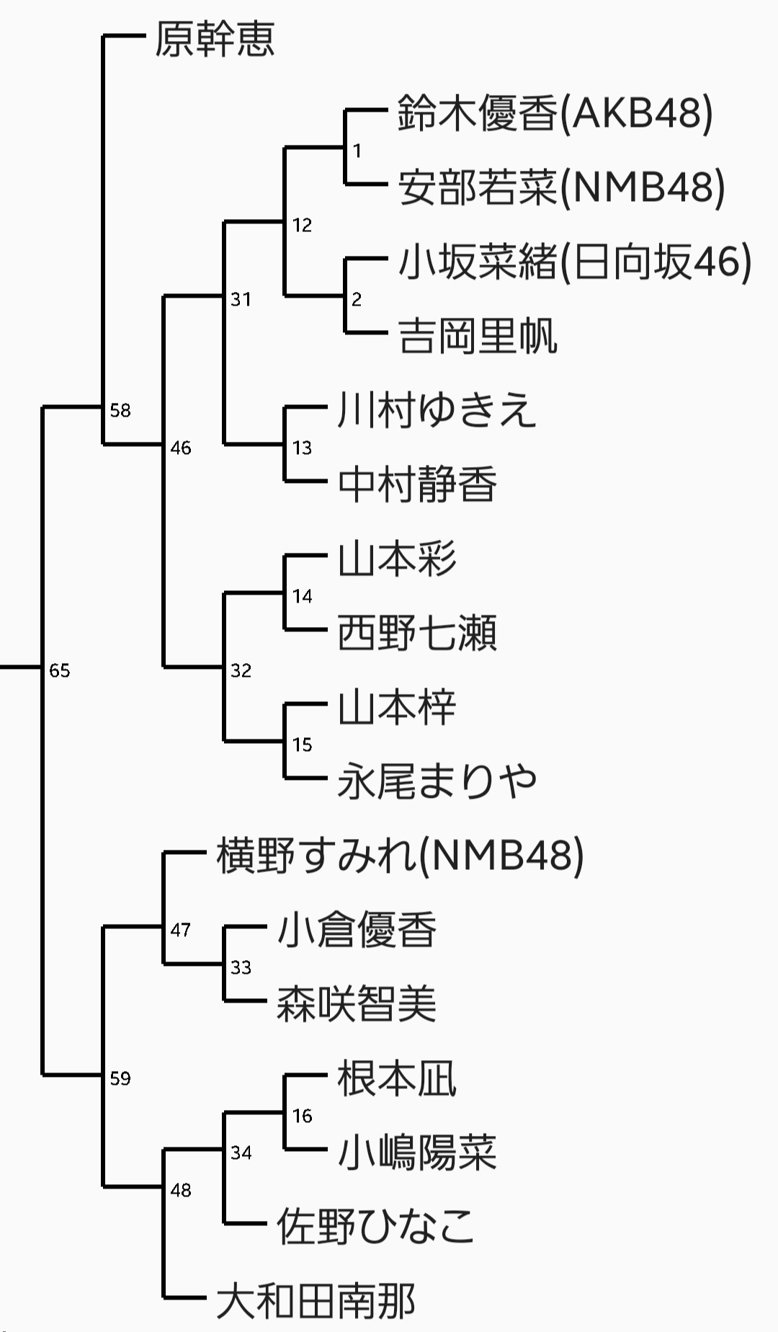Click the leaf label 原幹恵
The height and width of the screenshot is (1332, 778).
click(215, 39)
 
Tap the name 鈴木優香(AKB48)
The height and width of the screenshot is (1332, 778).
click(555, 113)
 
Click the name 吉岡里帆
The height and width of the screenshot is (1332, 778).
click(478, 336)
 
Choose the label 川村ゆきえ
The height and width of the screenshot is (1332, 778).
click(437, 410)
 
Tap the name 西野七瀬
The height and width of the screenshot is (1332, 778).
click(417, 633)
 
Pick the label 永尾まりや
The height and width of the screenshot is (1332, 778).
click(437, 781)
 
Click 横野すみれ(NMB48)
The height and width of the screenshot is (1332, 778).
click(400, 856)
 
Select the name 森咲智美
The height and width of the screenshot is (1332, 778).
click(357, 1004)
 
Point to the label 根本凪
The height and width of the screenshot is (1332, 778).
click(397, 1079)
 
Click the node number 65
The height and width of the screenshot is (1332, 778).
click(60, 671)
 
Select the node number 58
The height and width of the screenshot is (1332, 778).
click(120, 411)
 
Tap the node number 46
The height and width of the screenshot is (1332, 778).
click(181, 448)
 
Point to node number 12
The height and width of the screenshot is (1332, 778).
click(302, 226)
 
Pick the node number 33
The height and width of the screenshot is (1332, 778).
click(241, 967)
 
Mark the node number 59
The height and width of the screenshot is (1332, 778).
click(120, 1079)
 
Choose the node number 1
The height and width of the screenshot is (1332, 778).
click(357, 151)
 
